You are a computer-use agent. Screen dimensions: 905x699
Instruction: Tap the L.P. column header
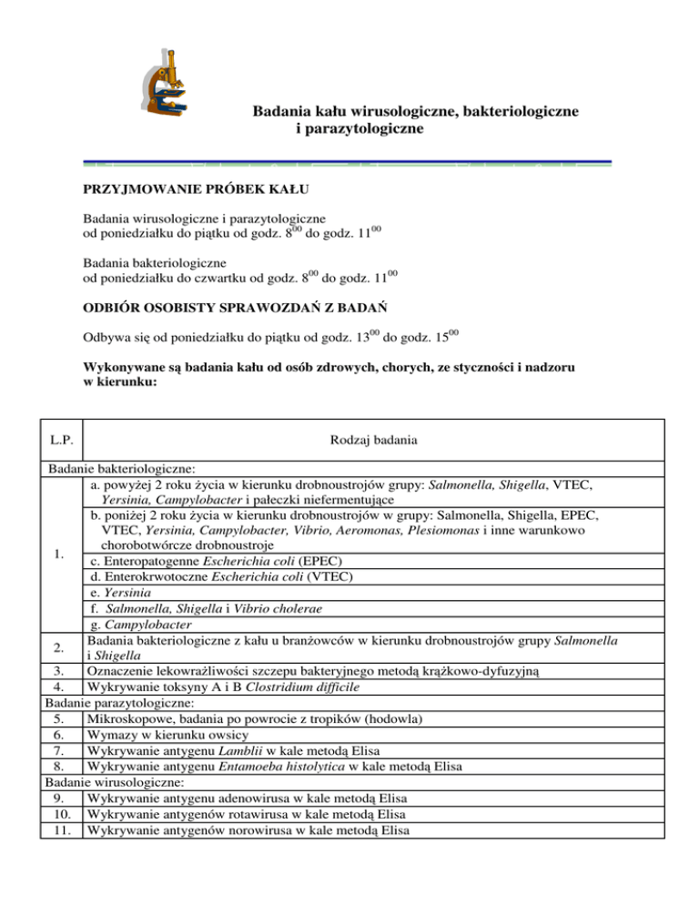coord(62,443)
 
